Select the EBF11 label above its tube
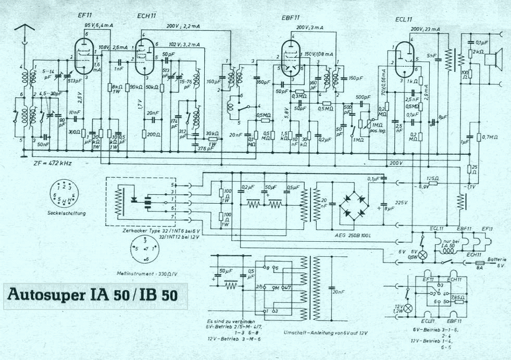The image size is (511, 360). click(290, 18)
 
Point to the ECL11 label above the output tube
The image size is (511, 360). click(404, 19)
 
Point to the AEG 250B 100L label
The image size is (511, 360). click(352, 235)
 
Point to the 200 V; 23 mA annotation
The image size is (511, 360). click(425, 29)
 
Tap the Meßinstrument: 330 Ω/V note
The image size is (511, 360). click(148, 272)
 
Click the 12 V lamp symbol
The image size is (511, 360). click(408, 308)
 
